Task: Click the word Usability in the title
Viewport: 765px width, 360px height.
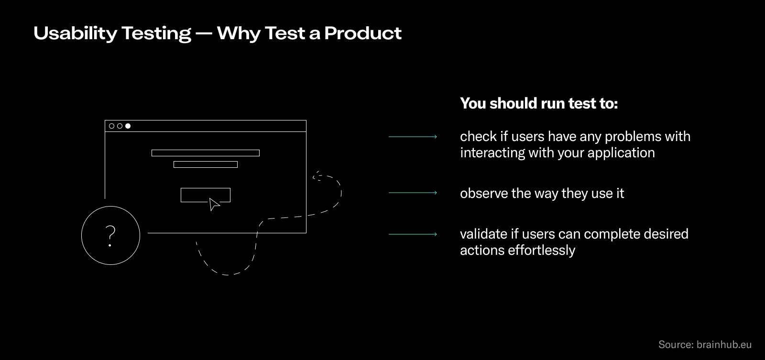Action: click(75, 33)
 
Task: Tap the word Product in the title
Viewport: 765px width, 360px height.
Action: click(363, 33)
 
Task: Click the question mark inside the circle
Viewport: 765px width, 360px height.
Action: click(110, 235)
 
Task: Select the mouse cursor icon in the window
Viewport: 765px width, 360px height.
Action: click(214, 204)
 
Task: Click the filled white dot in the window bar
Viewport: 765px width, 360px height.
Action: click(128, 126)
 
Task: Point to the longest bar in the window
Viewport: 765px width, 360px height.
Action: click(206, 153)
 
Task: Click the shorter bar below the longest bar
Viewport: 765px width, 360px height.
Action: click(206, 164)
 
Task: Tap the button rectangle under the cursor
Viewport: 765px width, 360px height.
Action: click(196, 194)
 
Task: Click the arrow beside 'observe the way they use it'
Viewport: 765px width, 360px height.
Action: click(413, 193)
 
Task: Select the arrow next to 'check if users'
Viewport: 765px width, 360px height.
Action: click(413, 137)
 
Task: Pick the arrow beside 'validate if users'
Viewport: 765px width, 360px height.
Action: click(413, 234)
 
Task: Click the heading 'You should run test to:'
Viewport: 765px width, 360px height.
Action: click(539, 103)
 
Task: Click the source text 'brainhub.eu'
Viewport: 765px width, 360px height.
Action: click(724, 345)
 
